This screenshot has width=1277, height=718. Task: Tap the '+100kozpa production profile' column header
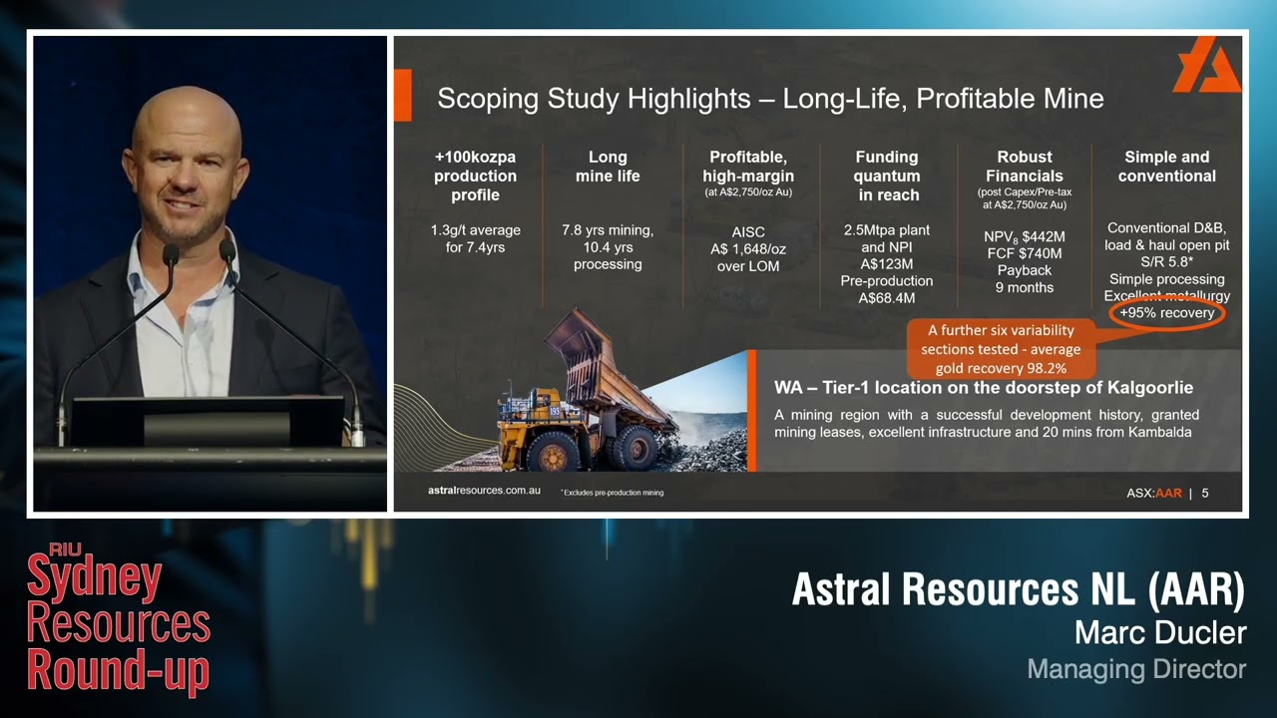(475, 176)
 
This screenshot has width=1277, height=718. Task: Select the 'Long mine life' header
(608, 167)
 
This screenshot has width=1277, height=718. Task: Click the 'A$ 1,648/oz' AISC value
(747, 249)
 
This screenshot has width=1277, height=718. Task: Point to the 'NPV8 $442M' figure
(1025, 236)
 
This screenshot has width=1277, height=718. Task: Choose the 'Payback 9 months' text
(1025, 279)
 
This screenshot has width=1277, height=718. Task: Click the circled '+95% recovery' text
(1166, 313)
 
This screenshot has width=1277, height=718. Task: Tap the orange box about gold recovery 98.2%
(1000, 349)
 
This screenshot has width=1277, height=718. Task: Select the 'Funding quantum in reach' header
(886, 176)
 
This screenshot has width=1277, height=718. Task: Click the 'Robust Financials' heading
(1025, 167)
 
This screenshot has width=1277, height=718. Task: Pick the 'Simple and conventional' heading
(1166, 167)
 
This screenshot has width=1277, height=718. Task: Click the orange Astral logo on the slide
(1206, 66)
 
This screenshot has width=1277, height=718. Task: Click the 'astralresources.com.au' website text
(484, 491)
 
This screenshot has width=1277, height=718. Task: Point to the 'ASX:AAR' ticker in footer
(1153, 493)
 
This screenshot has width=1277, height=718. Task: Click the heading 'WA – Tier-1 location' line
(983, 388)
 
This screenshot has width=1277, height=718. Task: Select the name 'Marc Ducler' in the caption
(1159, 632)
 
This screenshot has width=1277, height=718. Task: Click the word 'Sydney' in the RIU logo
(94, 579)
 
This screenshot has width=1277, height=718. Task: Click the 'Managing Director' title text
(1136, 669)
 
